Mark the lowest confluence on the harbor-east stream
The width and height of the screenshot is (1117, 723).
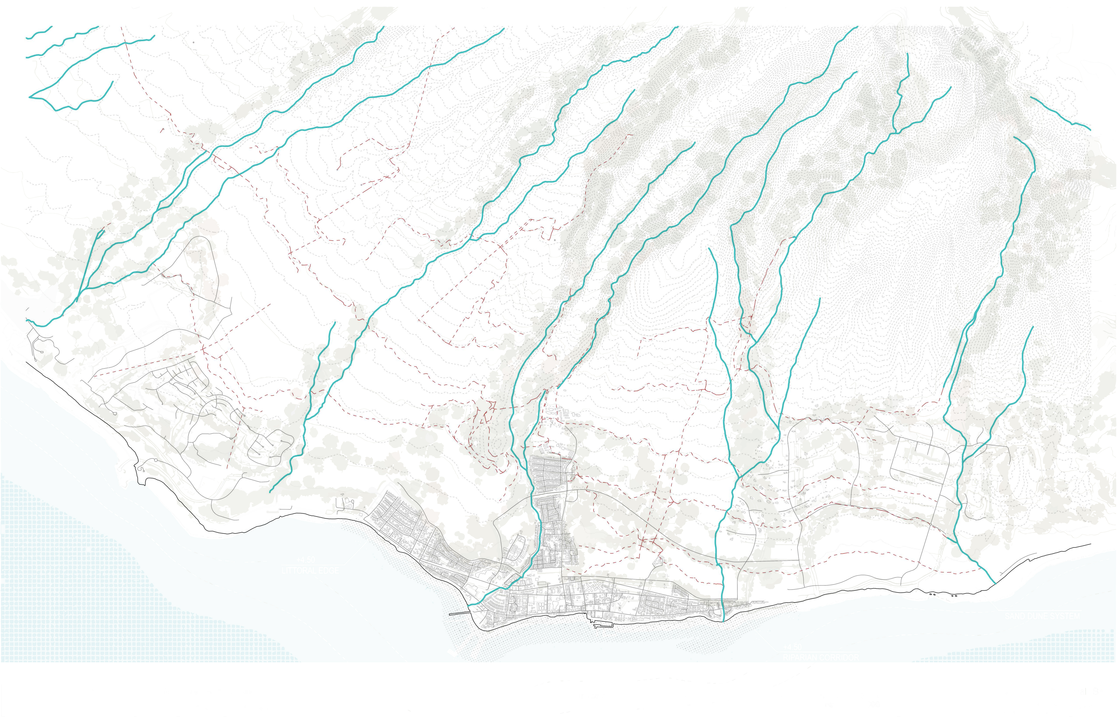point(739,478)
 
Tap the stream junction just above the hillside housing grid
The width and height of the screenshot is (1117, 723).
point(544,390)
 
